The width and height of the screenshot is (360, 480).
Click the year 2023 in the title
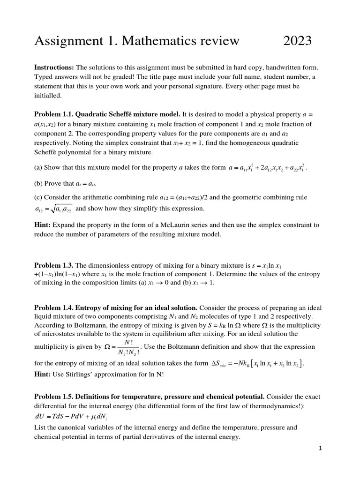click(298, 41)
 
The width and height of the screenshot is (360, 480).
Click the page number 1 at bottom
click(321, 449)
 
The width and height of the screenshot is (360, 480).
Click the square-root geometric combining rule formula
click(53, 209)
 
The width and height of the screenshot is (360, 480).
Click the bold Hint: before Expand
click(43, 225)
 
